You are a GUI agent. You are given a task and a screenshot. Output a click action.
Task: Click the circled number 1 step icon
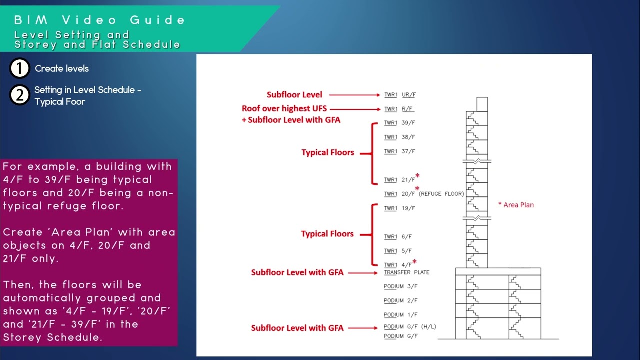pos(20,69)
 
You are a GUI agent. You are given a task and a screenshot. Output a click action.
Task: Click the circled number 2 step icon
pos(20,95)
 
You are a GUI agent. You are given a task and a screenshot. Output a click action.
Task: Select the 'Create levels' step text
pos(62,69)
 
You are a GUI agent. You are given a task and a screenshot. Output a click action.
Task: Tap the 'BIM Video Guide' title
pos(100,20)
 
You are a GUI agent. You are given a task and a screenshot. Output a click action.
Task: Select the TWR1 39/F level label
pos(400,123)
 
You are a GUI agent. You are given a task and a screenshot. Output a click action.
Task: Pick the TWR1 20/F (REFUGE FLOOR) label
pos(424,194)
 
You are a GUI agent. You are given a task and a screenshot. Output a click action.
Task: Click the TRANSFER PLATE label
pos(406,272)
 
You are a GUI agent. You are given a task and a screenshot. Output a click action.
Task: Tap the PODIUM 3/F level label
pos(401,286)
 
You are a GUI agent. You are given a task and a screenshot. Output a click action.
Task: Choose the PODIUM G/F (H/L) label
pos(410,327)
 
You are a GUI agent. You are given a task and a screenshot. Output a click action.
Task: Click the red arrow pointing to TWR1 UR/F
pos(355,95)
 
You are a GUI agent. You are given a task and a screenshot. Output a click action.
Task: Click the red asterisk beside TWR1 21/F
pos(417,176)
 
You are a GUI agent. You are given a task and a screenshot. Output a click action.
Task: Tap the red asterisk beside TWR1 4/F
pos(414,262)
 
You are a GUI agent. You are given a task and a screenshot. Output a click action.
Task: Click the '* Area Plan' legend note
pos(516,205)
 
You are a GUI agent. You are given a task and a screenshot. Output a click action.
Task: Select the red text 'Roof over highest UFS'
pos(284,108)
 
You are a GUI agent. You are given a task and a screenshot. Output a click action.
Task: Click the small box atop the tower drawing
pos(482,104)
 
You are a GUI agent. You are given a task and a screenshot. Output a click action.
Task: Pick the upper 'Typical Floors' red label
pos(327,153)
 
